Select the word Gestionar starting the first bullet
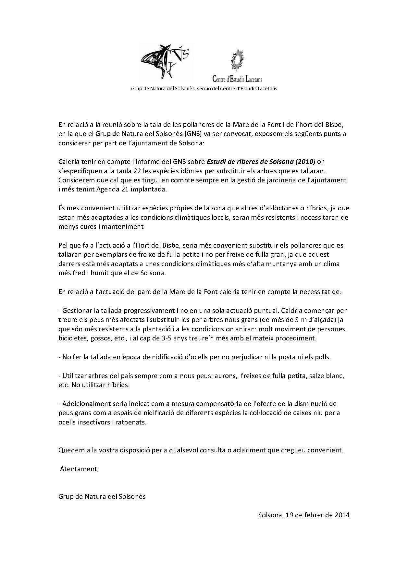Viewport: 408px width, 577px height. pos(76,310)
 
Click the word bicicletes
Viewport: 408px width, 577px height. pos(72,338)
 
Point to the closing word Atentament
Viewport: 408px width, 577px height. pos(79,469)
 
